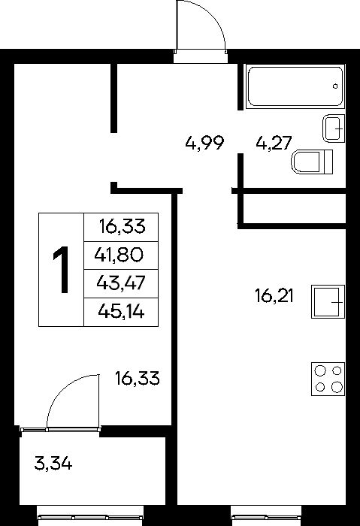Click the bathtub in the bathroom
point(295,86)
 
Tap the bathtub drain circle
point(335,86)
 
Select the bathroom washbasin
point(334,128)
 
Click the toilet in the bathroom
point(312,162)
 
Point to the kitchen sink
point(328,301)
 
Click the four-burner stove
point(328,379)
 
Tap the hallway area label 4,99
point(204,144)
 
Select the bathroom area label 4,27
point(274,144)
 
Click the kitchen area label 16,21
point(274,296)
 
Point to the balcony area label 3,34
point(53,464)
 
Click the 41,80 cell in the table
point(121,255)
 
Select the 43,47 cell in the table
point(121,283)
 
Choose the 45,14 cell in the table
point(121,312)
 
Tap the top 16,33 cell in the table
point(121,227)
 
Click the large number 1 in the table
point(61,269)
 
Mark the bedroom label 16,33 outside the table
point(138,379)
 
